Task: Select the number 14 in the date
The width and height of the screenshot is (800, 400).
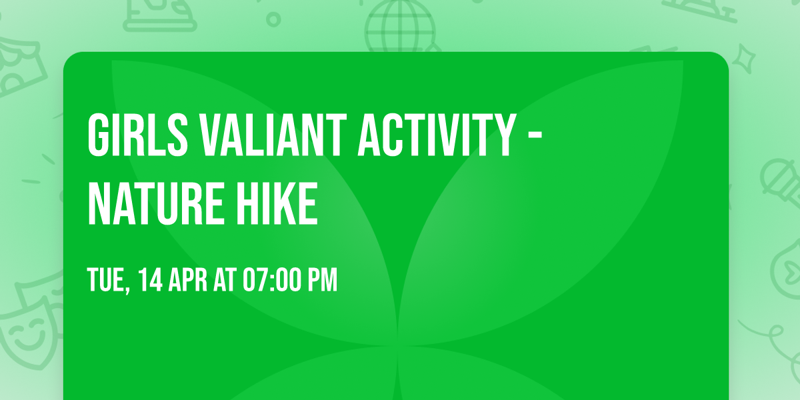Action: [151, 281]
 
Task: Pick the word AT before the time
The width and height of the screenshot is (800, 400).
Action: [225, 281]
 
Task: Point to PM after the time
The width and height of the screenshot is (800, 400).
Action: [322, 281]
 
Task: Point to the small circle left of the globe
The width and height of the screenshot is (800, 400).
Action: [273, 19]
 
